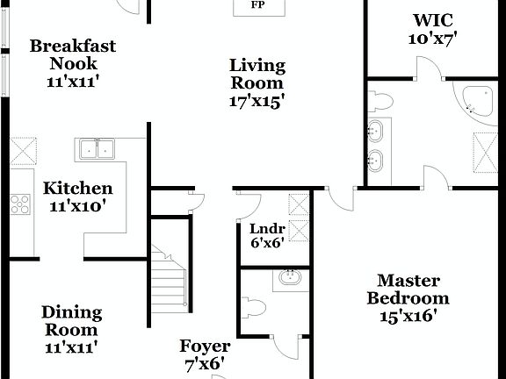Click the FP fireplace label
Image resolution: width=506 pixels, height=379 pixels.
click(257, 5)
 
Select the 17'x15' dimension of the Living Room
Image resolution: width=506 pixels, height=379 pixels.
click(257, 101)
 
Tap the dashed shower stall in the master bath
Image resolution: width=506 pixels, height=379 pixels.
click(488, 148)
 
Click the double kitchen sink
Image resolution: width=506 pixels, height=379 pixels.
click(98, 149)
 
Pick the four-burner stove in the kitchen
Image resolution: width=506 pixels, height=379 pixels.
click(19, 203)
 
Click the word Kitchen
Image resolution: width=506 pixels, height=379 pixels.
click(78, 189)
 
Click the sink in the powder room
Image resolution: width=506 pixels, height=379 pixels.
click(290, 279)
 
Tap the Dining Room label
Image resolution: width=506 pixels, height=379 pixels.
click(72, 321)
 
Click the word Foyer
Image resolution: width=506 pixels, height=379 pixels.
click(205, 347)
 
